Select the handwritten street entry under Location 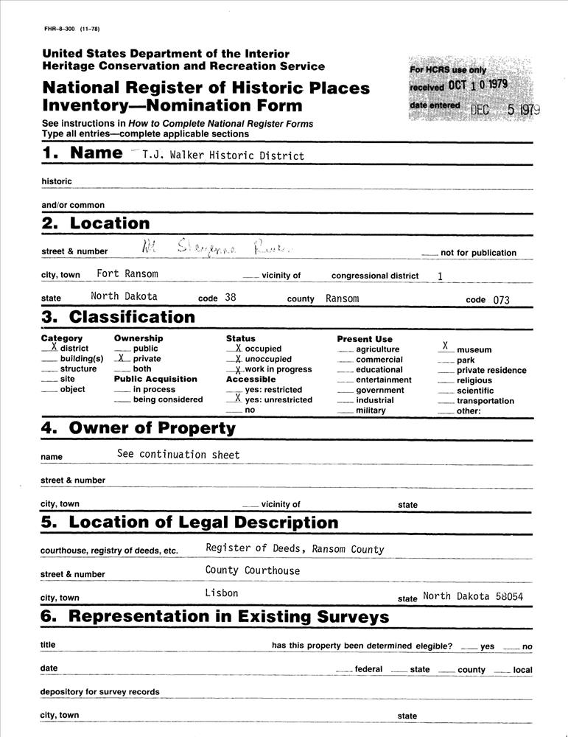click(x=214, y=250)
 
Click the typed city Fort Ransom click(x=127, y=273)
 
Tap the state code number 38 click(x=231, y=298)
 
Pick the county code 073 click(x=502, y=299)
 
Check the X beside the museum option click(x=444, y=345)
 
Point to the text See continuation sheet click(x=178, y=455)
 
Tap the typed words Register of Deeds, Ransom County click(x=295, y=548)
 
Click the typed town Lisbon click(x=222, y=593)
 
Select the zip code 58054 click(x=509, y=597)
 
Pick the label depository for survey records click(x=99, y=692)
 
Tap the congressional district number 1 click(x=441, y=275)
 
